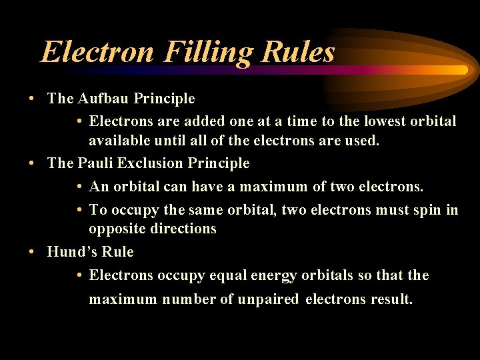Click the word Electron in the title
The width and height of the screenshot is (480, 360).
96,51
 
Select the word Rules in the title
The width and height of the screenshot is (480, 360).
301,51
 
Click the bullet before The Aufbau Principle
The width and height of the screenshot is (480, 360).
32,99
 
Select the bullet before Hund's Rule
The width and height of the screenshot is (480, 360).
32,253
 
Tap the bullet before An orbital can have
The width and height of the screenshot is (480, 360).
79,187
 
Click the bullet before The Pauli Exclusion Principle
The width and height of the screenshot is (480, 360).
32,163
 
